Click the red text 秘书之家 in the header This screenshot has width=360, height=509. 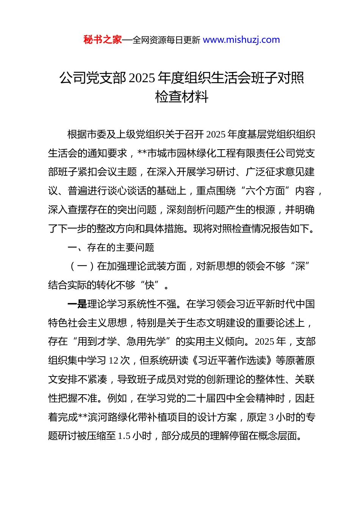click(102, 40)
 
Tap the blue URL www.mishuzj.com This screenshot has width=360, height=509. click(241, 40)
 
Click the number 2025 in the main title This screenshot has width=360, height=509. click(142, 78)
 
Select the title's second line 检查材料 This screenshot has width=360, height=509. click(182, 97)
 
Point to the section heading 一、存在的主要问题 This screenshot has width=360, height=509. click(111, 248)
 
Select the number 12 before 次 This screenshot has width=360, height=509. click(113, 361)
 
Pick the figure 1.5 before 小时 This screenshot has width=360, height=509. click(124, 436)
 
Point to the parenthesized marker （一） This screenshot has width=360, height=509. click(82, 267)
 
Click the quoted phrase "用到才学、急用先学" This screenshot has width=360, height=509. click(122, 342)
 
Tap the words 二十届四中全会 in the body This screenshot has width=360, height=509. click(221, 398)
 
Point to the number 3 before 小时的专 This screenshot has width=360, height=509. click(271, 417)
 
